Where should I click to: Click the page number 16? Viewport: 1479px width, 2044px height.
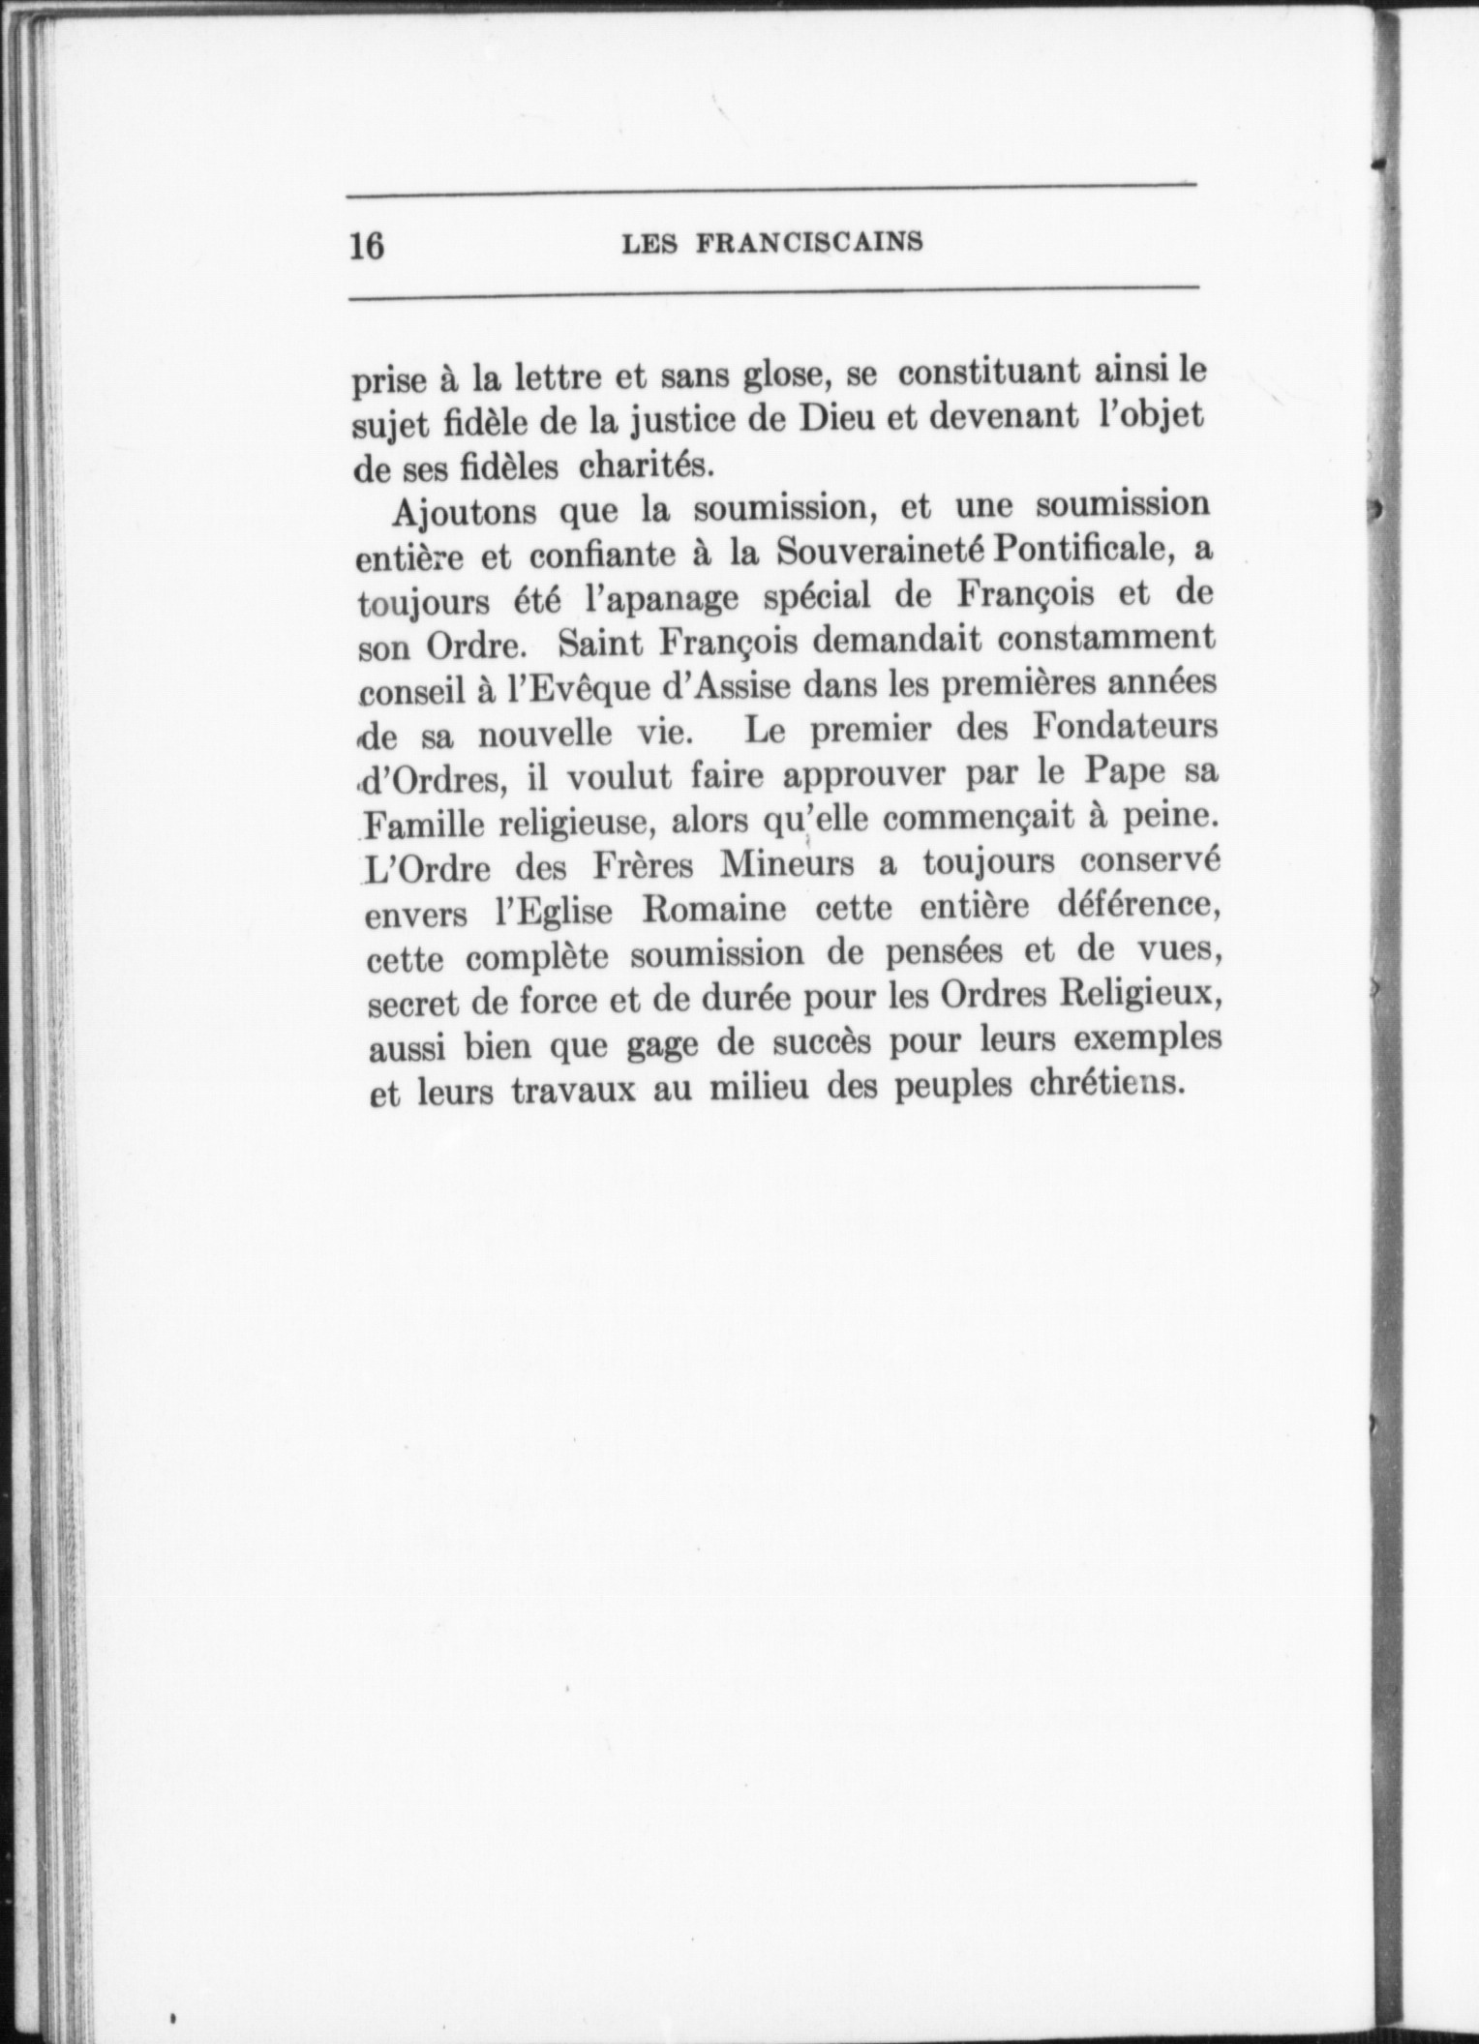[367, 246]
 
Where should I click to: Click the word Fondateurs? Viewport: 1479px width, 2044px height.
[1124, 726]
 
